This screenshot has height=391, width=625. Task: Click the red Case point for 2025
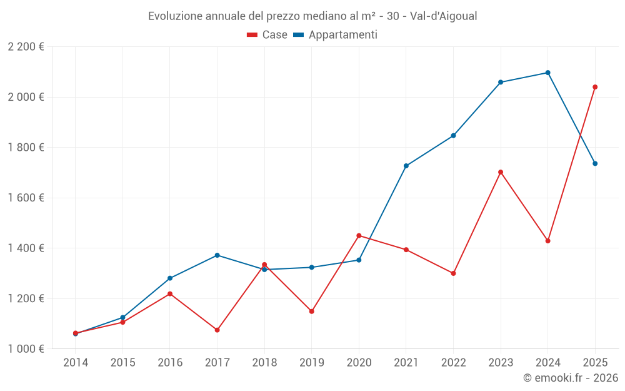pyautogui.click(x=595, y=87)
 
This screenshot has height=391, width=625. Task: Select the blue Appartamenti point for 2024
pyautogui.click(x=547, y=73)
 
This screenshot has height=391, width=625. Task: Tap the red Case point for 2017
pyautogui.click(x=217, y=330)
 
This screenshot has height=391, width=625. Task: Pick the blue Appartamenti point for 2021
pyautogui.click(x=406, y=166)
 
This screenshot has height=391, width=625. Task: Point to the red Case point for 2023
pyautogui.click(x=501, y=172)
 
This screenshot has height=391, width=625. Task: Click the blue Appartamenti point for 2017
pyautogui.click(x=217, y=255)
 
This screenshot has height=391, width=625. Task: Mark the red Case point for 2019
pyautogui.click(x=311, y=311)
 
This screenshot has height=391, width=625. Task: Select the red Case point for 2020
pyautogui.click(x=359, y=236)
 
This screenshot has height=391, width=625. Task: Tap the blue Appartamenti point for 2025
pyautogui.click(x=595, y=163)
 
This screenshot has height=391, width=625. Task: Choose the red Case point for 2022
pyautogui.click(x=453, y=273)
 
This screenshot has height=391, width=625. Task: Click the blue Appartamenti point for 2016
pyautogui.click(x=170, y=278)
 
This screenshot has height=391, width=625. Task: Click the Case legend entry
pyautogui.click(x=267, y=35)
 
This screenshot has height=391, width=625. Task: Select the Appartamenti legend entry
pyautogui.click(x=336, y=35)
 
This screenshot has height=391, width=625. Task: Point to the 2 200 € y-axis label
pyautogui.click(x=26, y=47)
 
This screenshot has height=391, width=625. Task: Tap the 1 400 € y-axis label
pyautogui.click(x=26, y=248)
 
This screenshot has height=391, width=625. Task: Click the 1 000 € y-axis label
pyautogui.click(x=26, y=349)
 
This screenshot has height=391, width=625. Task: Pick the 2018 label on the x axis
pyautogui.click(x=264, y=362)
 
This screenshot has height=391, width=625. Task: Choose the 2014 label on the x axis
pyautogui.click(x=76, y=362)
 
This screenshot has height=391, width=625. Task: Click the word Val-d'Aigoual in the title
pyautogui.click(x=443, y=16)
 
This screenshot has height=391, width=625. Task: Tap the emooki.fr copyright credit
pyautogui.click(x=570, y=378)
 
